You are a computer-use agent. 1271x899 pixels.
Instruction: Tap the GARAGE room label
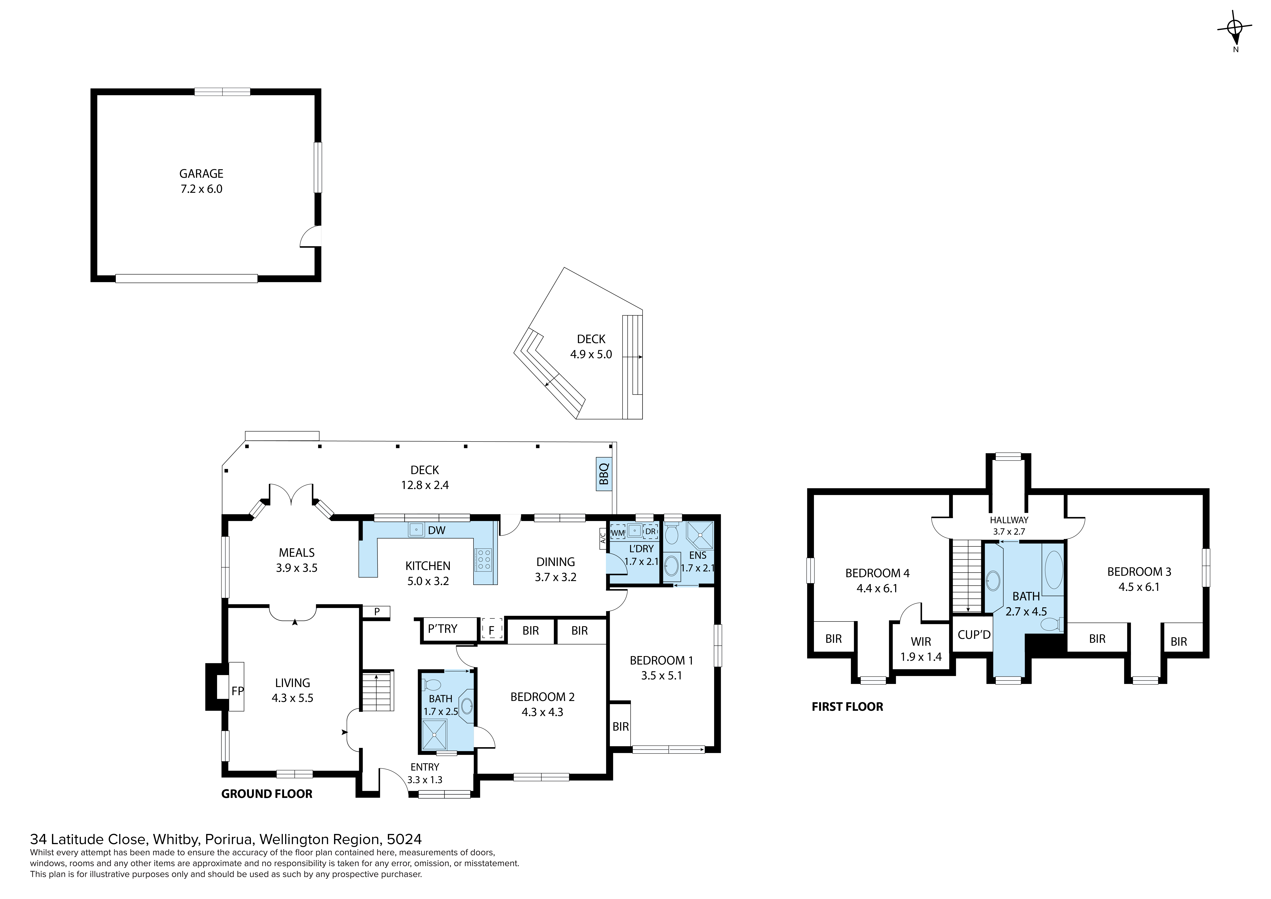(x=201, y=173)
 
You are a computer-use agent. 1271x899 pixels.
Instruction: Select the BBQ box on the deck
(x=604, y=474)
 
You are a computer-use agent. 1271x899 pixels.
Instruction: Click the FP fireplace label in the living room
(x=237, y=691)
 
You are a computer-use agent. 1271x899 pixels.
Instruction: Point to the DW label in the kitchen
(x=437, y=530)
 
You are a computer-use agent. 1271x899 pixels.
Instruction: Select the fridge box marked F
(x=491, y=630)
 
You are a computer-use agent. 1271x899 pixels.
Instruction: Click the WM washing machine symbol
(x=617, y=532)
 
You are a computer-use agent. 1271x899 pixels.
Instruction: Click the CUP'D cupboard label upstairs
(x=974, y=635)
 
